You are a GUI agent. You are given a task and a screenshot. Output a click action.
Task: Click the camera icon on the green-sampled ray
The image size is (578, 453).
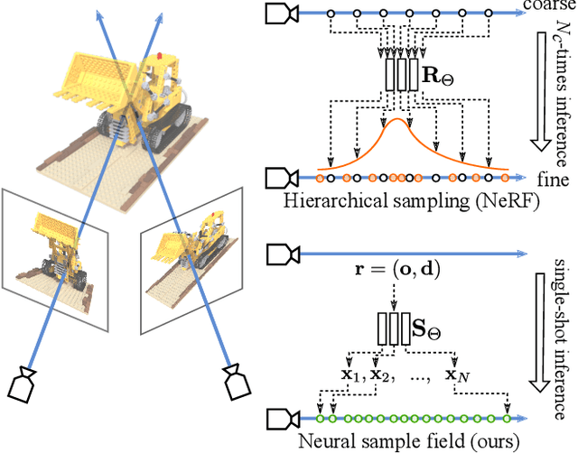pyautogui.click(x=276, y=418)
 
